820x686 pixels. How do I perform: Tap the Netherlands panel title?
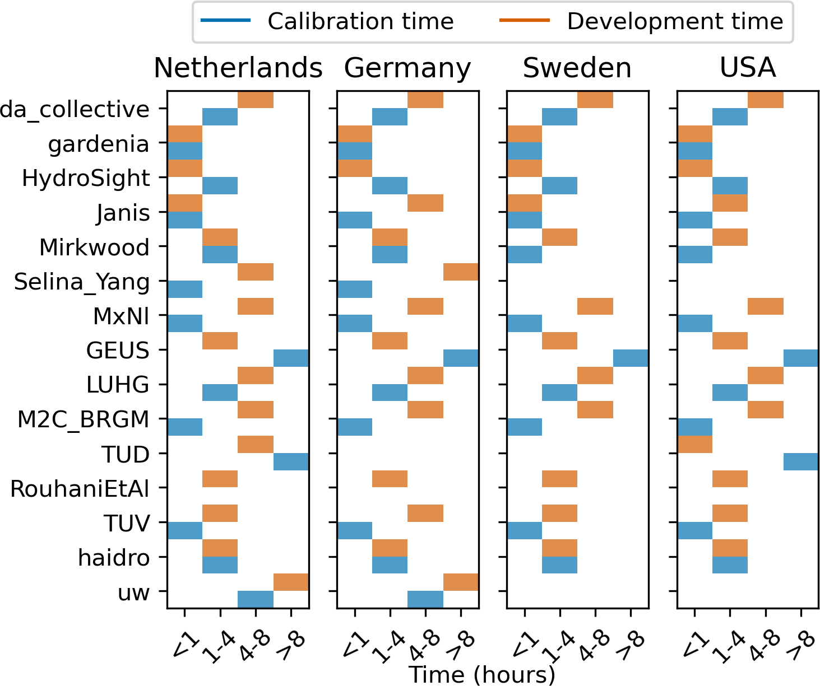click(238, 68)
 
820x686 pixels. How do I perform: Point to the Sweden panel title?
click(577, 68)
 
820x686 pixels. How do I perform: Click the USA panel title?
click(748, 68)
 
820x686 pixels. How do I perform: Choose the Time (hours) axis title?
click(482, 674)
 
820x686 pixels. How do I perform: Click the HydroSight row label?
click(86, 178)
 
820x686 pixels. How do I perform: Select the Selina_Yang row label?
click(82, 282)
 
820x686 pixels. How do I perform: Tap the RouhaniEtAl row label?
click(80, 489)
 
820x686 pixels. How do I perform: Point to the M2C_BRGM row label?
click(84, 419)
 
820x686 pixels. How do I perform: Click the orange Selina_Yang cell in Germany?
click(461, 272)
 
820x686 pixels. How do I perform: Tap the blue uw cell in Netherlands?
click(256, 599)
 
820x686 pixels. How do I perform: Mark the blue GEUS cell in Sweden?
click(631, 358)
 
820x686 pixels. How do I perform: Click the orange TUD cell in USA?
click(695, 445)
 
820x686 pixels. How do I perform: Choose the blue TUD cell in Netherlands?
click(291, 462)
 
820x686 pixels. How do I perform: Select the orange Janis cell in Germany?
click(425, 203)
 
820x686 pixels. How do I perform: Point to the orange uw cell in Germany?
click(461, 582)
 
